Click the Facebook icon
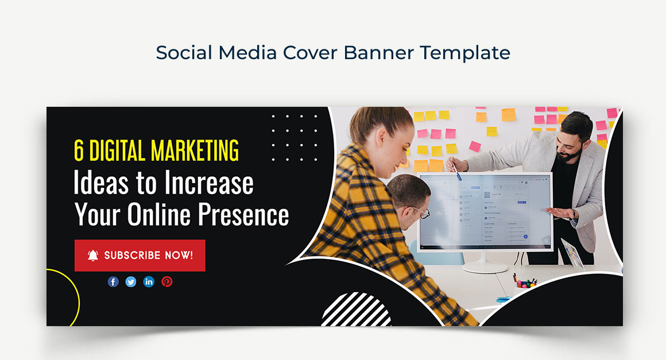pos(113,281)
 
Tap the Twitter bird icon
pos(131,281)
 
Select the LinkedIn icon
pos(149,281)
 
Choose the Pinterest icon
pos(167,281)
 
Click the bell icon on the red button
pos(93,255)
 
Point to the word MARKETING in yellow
pos(195,150)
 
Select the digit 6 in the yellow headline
pos(79,150)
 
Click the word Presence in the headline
pos(243,214)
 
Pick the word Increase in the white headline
pos(209,183)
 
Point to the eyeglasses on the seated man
pos(420,211)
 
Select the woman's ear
pos(381,137)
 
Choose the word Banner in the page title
pos(378,53)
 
